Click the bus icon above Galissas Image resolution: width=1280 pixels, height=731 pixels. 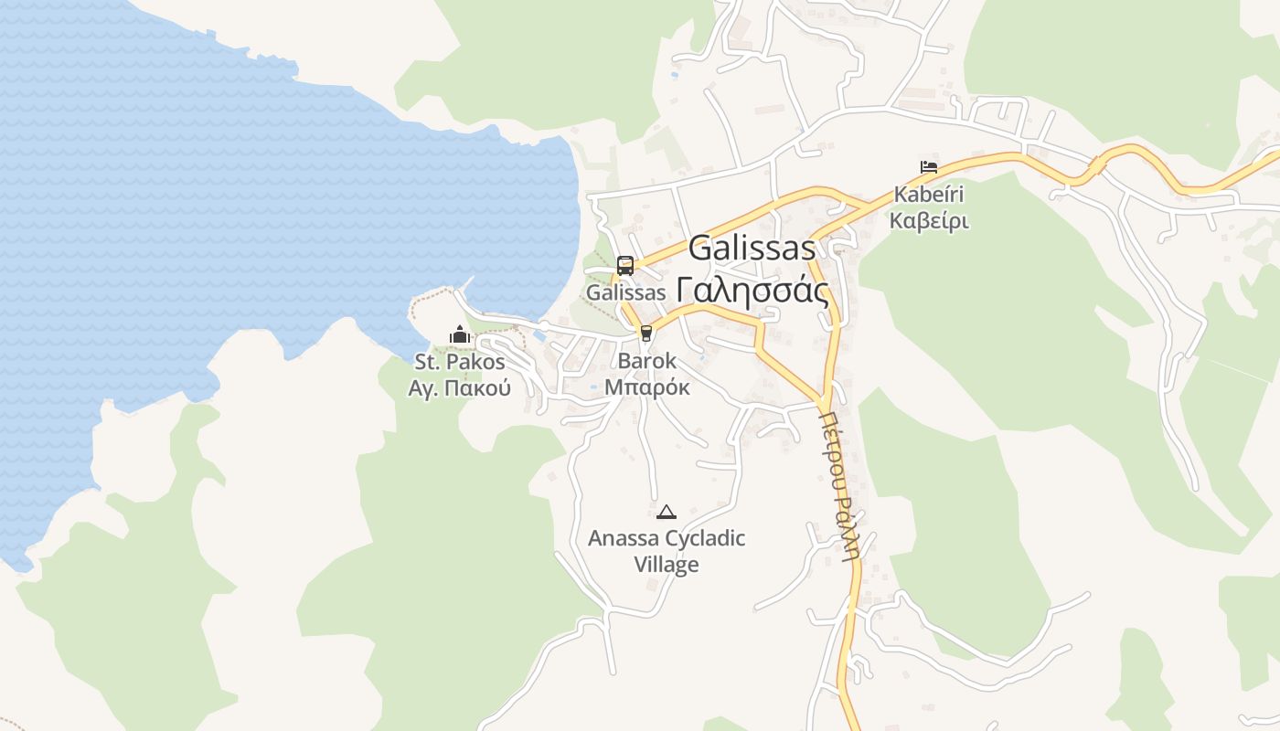[625, 266]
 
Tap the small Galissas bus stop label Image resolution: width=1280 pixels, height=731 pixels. [625, 293]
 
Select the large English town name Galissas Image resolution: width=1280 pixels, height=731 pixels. [752, 248]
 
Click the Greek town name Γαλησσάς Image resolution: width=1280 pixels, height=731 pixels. [752, 291]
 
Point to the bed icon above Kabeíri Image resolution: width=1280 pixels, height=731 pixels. [929, 167]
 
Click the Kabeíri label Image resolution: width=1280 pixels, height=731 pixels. [929, 195]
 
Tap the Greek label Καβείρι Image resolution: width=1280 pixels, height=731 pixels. [929, 220]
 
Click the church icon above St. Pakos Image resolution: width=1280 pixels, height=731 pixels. [459, 335]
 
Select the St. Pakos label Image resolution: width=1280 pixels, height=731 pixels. [459, 362]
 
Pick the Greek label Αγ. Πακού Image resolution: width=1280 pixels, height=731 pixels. [459, 388]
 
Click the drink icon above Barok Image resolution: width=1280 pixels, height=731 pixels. [646, 334]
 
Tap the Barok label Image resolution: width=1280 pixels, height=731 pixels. [646, 361]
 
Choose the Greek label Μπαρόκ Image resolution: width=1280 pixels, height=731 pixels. [646, 387]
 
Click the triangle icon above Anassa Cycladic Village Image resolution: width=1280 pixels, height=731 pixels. [667, 512]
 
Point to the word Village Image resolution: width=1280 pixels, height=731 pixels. [667, 565]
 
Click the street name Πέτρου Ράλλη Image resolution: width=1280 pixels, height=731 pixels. [839, 482]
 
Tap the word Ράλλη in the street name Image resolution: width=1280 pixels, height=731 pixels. [848, 527]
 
